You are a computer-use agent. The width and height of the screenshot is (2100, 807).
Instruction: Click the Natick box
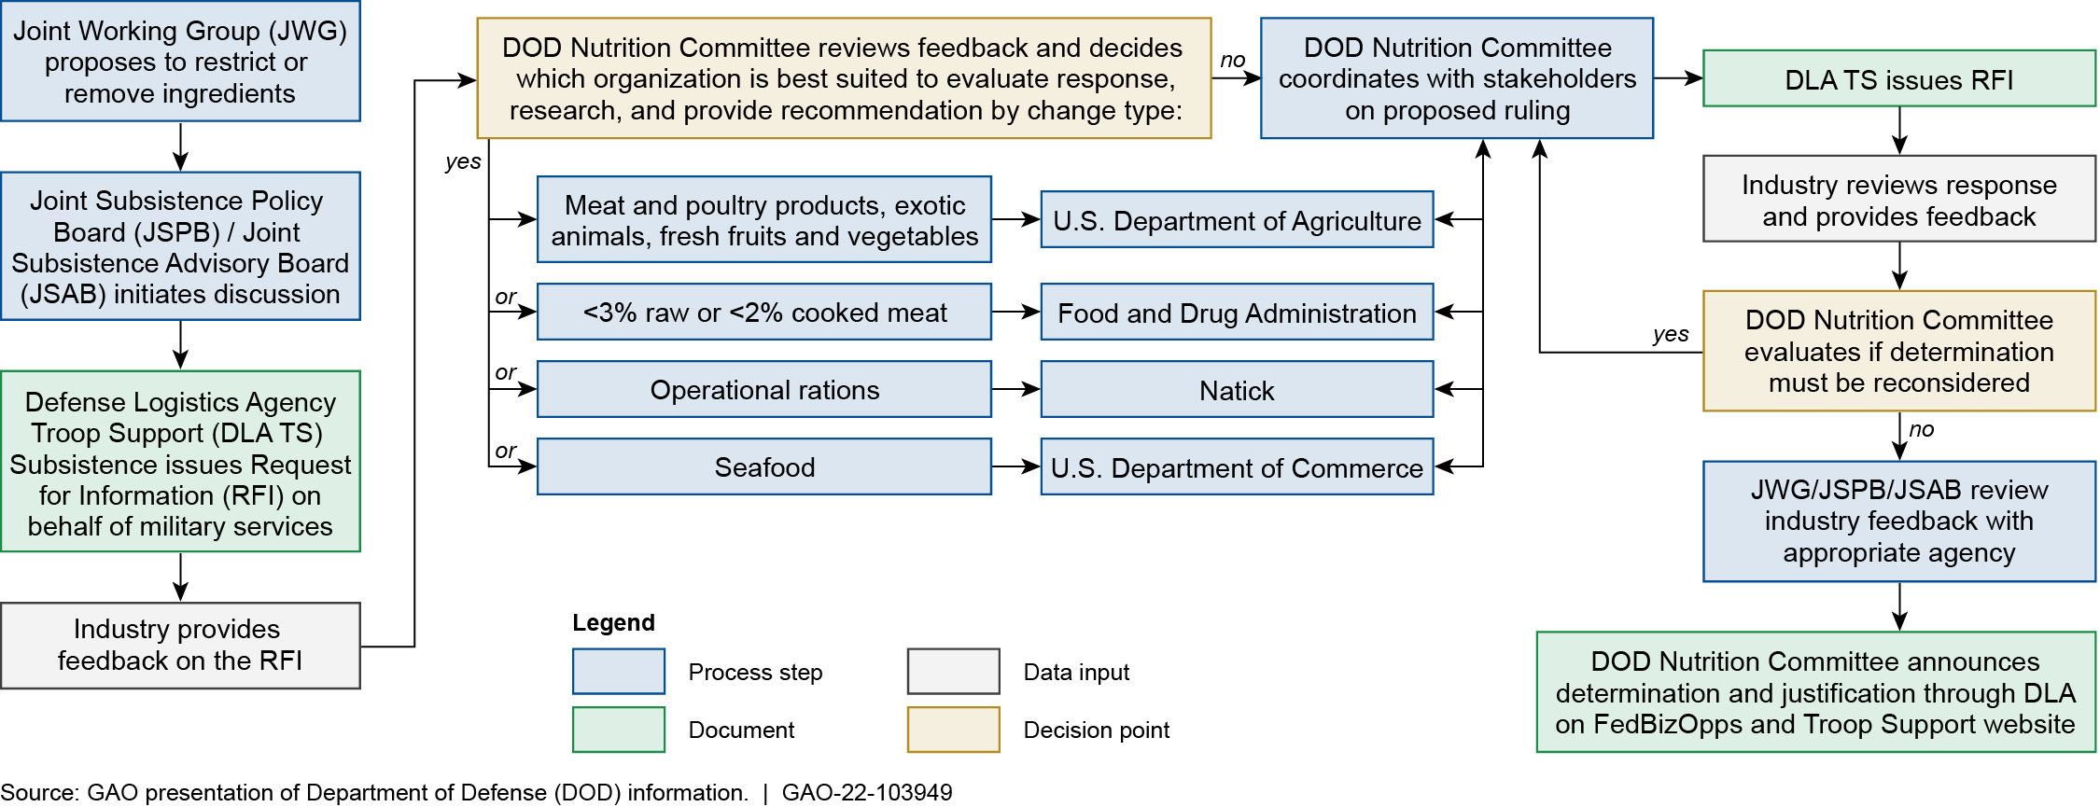pos(1237,390)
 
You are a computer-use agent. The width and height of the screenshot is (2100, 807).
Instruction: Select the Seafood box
pos(763,466)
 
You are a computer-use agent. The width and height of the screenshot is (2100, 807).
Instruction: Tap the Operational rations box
pos(763,390)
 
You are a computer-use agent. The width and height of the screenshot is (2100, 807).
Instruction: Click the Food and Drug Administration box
pos(1237,313)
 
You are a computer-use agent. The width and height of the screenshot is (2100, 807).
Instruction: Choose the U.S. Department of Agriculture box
pos(1237,220)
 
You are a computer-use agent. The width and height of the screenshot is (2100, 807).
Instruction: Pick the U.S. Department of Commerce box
pos(1237,466)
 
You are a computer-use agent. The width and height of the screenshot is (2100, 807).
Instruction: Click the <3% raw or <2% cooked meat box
pos(763,313)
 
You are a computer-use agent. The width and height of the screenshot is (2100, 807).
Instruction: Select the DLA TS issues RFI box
pos(1898,79)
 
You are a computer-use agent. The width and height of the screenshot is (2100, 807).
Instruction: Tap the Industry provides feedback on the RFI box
pos(180,646)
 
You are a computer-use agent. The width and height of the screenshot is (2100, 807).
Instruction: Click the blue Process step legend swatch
pos(619,672)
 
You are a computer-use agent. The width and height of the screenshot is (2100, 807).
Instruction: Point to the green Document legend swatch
pos(619,730)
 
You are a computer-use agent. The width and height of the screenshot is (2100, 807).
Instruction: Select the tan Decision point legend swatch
pos(953,730)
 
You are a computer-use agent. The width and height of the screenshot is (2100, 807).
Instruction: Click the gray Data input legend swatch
pos(953,672)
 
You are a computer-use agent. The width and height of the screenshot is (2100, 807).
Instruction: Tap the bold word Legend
pos(613,622)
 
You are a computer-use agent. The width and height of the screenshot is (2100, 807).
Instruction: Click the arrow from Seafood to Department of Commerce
pos(1015,466)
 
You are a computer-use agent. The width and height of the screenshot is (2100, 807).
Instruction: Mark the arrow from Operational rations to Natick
pos(1015,389)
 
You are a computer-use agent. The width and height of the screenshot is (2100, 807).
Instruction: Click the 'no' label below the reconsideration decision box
pos(1921,430)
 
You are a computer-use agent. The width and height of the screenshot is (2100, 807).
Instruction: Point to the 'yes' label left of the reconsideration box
pos(1670,334)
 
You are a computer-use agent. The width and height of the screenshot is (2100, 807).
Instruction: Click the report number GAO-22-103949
pos(866,793)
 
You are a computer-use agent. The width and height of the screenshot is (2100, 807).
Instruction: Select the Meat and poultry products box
pos(763,220)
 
